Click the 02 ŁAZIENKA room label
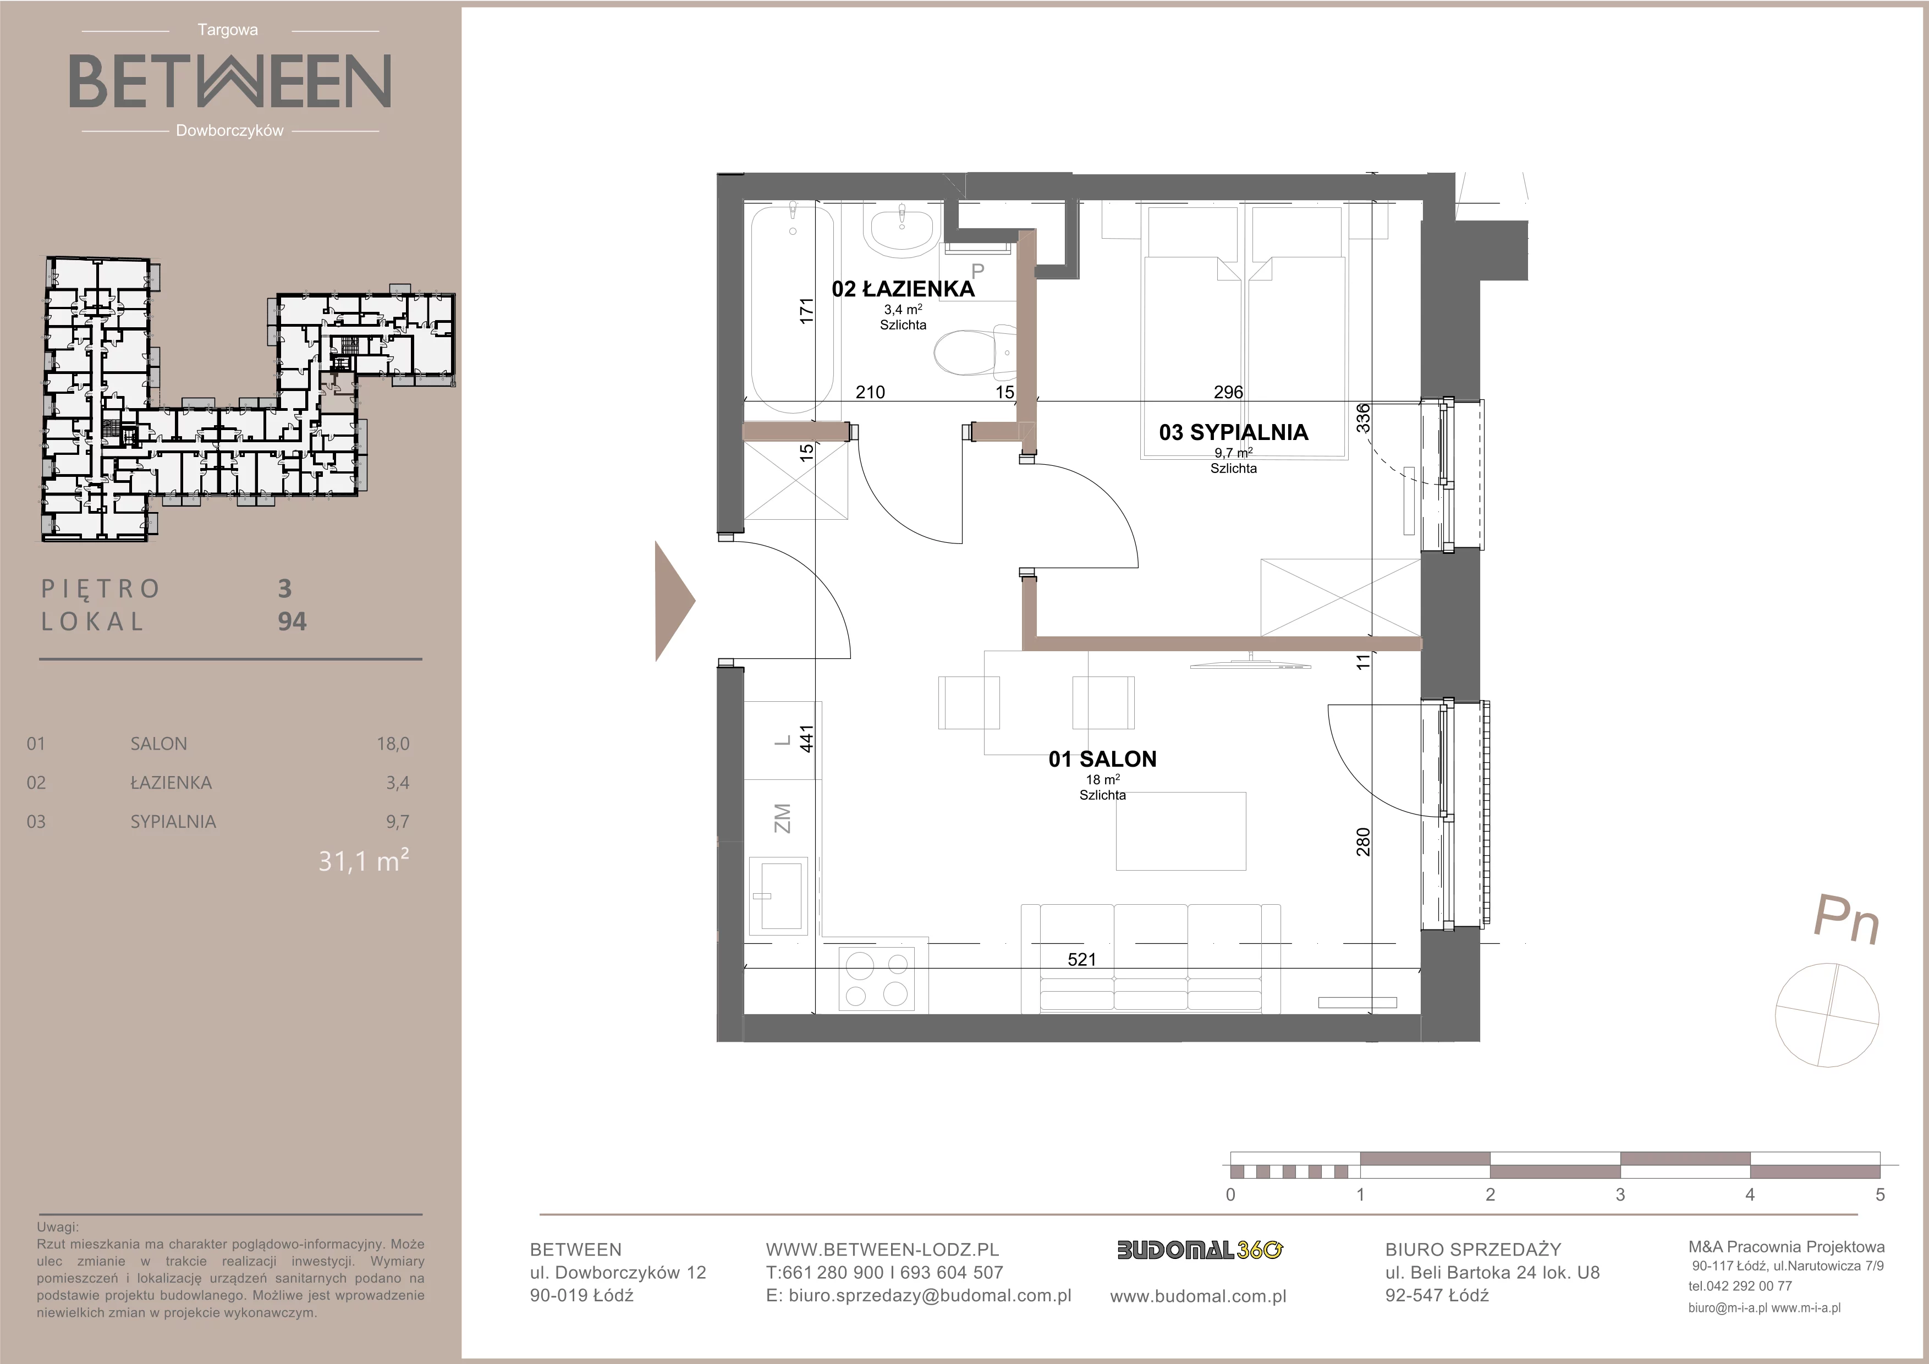pos(903,289)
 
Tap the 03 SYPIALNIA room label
pos(1233,432)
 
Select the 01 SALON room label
pos(1102,759)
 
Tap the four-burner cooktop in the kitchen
pos(878,978)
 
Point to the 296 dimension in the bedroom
pos(1228,392)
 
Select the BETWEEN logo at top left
pos(229,81)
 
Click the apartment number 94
pos(293,621)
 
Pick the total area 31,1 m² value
pos(364,861)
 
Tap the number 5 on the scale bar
pos(1880,1195)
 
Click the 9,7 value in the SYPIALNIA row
pos(397,821)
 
